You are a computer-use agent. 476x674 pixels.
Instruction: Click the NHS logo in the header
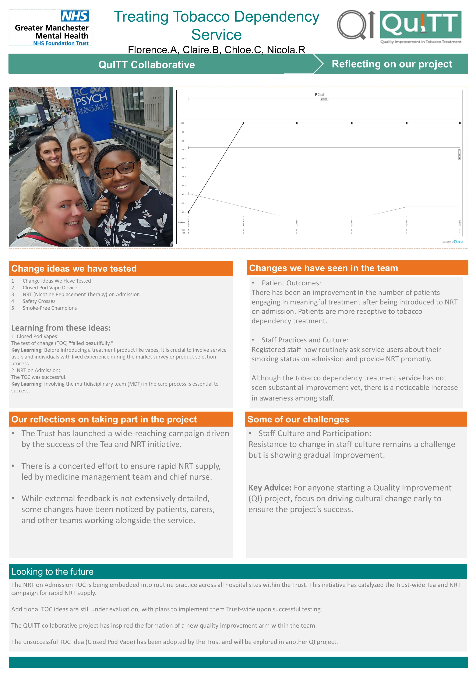click(75, 16)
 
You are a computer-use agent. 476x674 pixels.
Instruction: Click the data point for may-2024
click(188, 212)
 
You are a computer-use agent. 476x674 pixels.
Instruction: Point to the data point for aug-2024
click(352, 123)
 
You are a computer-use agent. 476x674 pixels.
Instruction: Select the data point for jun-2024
click(243, 123)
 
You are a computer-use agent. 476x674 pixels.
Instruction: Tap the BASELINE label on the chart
click(324, 99)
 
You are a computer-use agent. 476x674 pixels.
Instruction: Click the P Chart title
click(320, 95)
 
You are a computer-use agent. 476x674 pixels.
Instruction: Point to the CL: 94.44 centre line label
click(459, 154)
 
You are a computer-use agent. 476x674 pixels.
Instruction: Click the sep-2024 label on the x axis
click(407, 223)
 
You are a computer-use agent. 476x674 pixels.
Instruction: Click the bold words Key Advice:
click(269, 488)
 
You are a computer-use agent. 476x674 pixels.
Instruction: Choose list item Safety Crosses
click(39, 301)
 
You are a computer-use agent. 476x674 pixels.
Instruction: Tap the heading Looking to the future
click(52, 572)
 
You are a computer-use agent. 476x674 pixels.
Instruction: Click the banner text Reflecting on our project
click(392, 64)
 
